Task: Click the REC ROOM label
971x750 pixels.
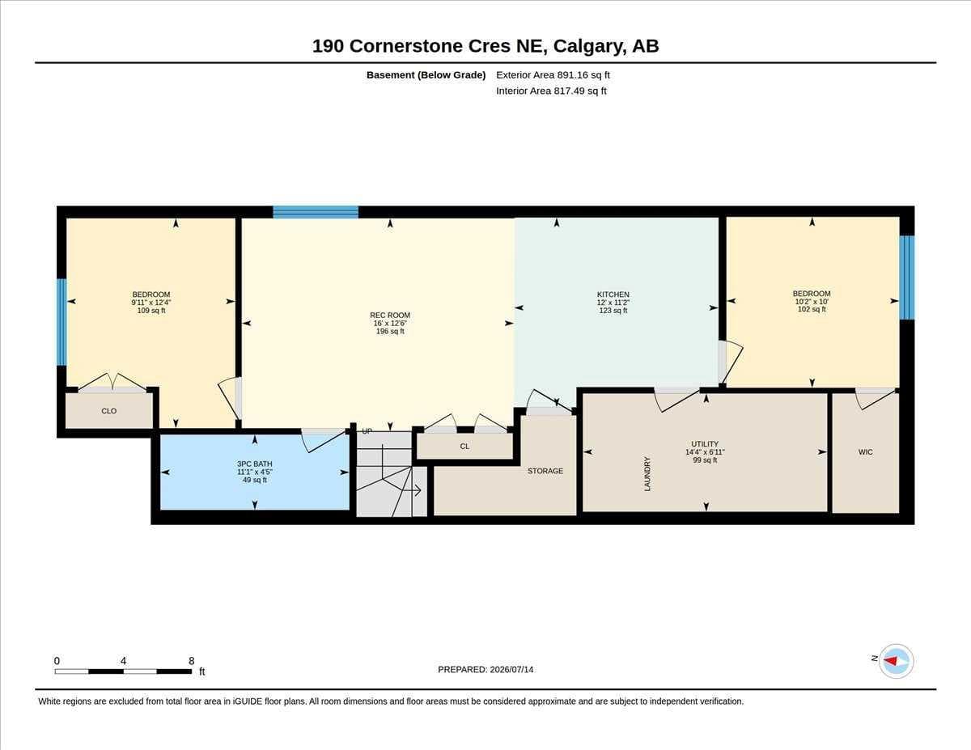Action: click(390, 316)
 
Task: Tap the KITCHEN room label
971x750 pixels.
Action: click(613, 294)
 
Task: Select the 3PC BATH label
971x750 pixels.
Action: click(254, 464)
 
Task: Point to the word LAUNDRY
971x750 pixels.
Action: click(647, 474)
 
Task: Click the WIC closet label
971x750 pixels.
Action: click(865, 452)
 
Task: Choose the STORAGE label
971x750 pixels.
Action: click(545, 471)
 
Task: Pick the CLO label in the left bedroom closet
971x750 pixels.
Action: click(109, 411)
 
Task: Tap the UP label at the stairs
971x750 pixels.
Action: click(367, 431)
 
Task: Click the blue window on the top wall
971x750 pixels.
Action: click(316, 212)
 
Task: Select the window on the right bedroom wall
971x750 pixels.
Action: click(906, 278)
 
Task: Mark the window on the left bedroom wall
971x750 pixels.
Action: click(61, 322)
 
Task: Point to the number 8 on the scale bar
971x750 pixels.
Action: click(191, 661)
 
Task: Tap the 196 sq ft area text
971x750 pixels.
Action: click(390, 332)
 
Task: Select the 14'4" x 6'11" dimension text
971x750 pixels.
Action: click(705, 452)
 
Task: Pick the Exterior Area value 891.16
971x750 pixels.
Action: click(570, 75)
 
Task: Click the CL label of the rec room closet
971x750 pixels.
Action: click(464, 447)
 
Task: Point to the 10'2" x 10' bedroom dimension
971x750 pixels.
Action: click(812, 302)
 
